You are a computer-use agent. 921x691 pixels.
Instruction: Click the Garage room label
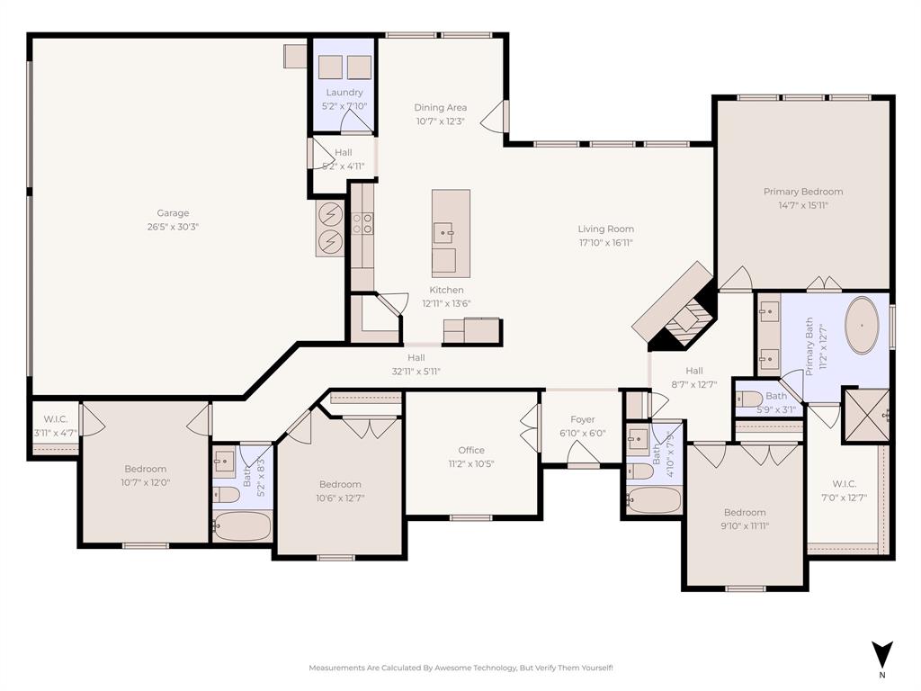(173, 213)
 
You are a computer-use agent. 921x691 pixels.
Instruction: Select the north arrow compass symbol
(882, 654)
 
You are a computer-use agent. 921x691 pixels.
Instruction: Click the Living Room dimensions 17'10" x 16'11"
(605, 242)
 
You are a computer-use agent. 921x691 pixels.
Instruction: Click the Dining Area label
(440, 107)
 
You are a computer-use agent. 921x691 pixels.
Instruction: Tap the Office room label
(470, 450)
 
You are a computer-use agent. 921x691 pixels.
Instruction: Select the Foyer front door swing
(583, 457)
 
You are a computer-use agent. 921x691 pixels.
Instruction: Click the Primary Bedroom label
(803, 192)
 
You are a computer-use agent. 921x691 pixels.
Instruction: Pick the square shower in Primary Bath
(865, 414)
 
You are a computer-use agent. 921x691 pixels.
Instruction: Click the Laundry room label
(344, 92)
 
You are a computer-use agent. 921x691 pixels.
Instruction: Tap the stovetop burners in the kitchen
(362, 222)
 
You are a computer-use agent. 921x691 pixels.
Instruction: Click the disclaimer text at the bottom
(460, 668)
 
